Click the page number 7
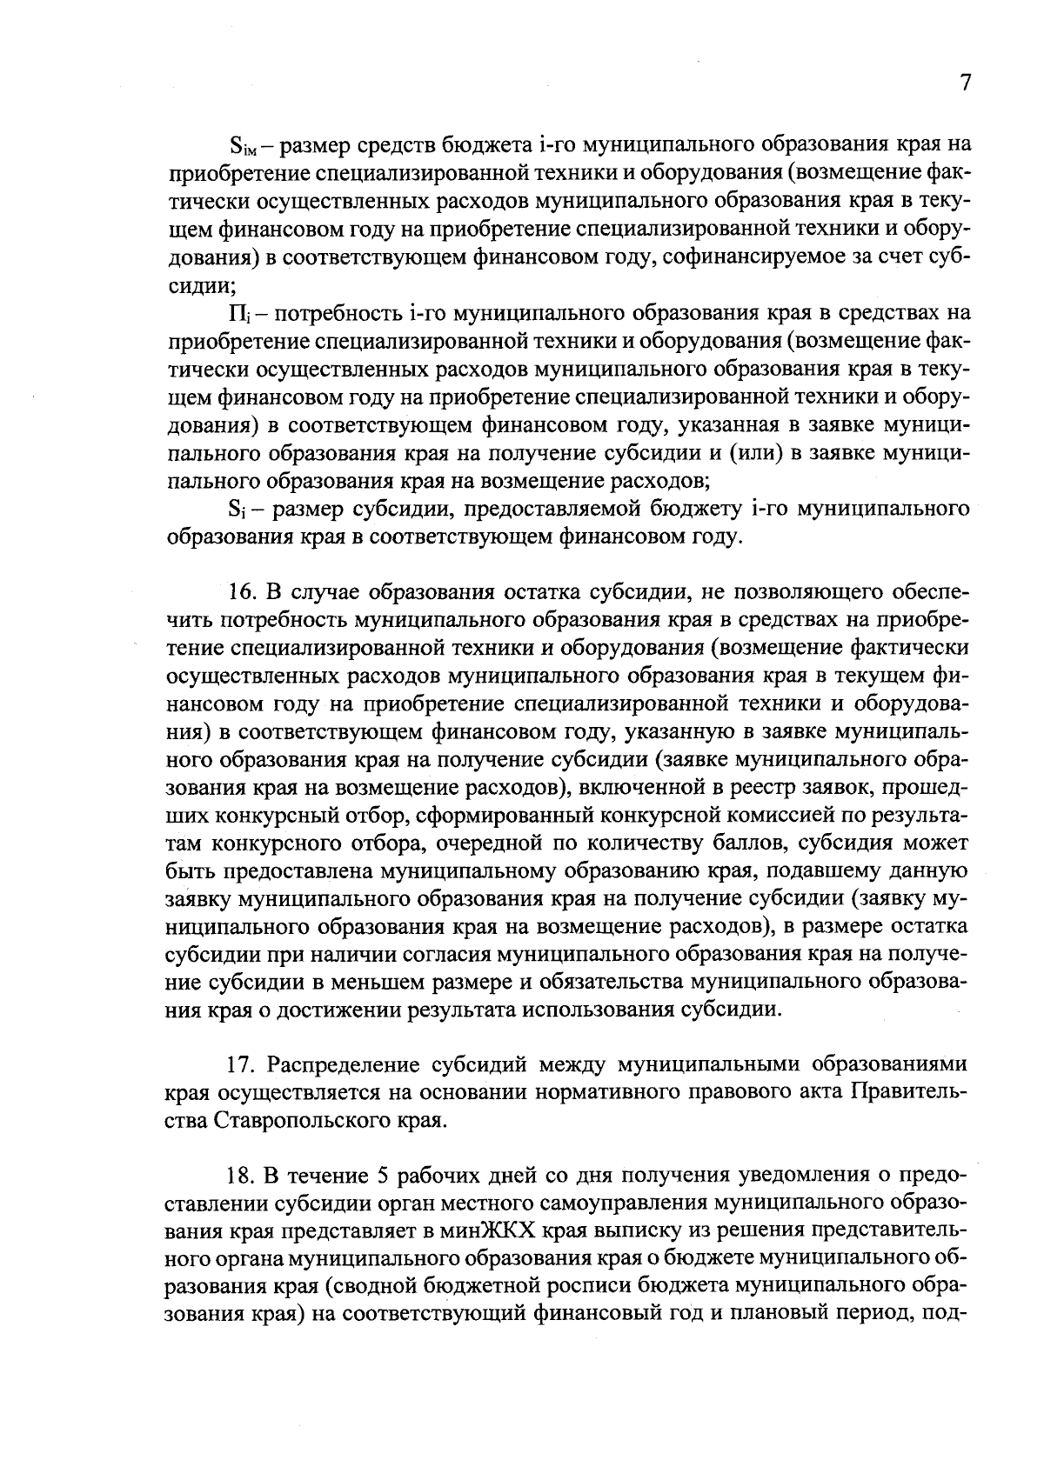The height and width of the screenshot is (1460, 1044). coord(964,83)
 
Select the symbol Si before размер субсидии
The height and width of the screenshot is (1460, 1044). coord(237,509)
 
